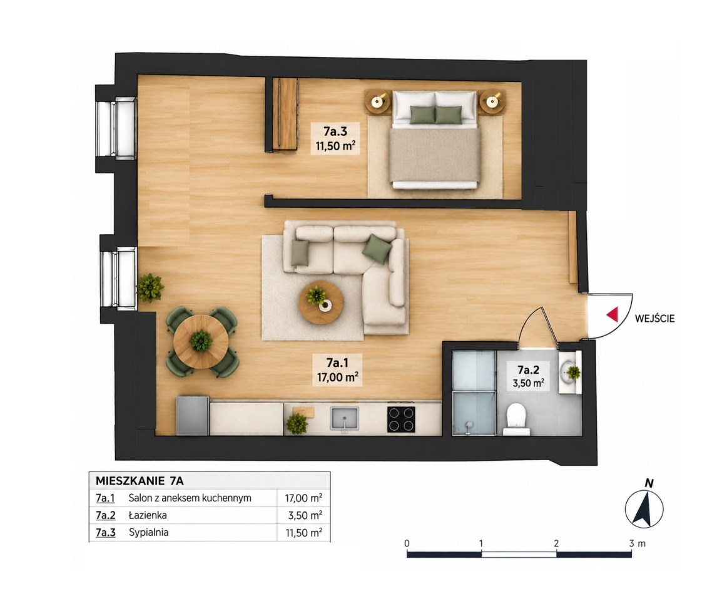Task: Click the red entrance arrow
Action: (x=613, y=314)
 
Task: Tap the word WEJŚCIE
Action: (x=654, y=318)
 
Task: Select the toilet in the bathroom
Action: (x=516, y=419)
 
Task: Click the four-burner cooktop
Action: (x=401, y=419)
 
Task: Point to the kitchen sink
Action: (x=344, y=418)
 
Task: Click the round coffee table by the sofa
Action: (x=321, y=302)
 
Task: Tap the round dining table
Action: (x=201, y=342)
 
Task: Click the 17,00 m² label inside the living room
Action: (x=337, y=378)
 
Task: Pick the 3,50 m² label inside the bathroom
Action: (x=528, y=383)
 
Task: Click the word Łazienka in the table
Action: (x=148, y=515)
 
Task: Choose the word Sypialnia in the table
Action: (x=148, y=532)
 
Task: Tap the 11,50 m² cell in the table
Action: (x=303, y=533)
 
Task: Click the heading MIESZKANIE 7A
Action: (x=140, y=481)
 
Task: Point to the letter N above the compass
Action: (x=649, y=483)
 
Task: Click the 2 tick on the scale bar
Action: (x=556, y=543)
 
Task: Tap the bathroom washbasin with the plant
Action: (x=569, y=371)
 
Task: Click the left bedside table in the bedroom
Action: (x=378, y=101)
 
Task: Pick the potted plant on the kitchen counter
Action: (x=297, y=424)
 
